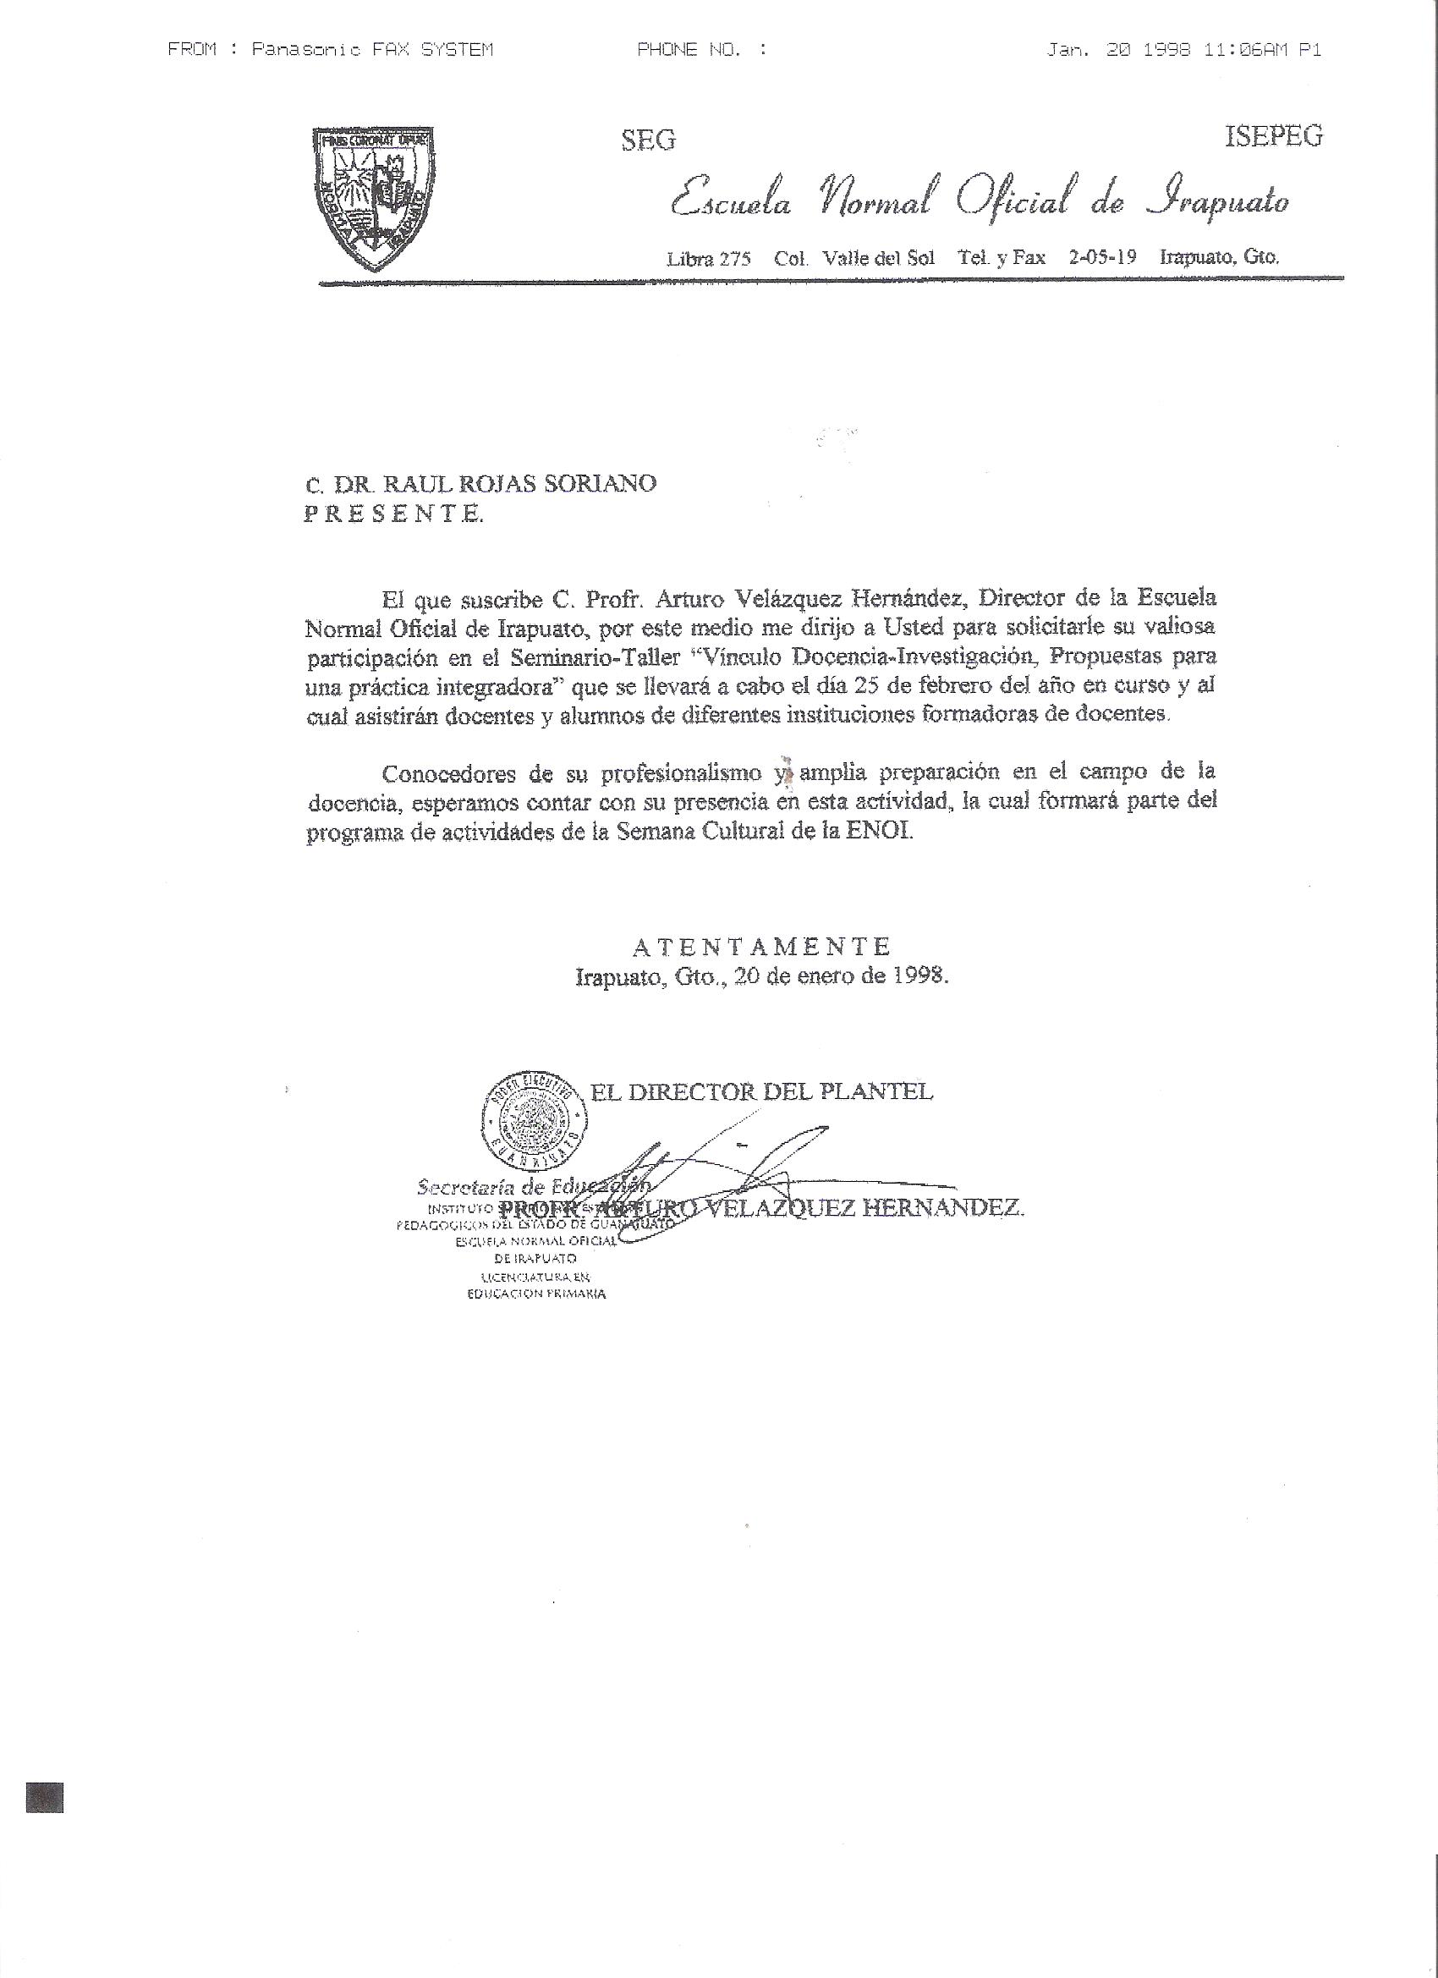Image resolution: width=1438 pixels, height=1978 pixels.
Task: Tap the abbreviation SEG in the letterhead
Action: point(648,140)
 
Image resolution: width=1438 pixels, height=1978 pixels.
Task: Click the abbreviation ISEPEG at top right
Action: point(1274,136)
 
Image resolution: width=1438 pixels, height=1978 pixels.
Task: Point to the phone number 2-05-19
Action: point(1102,257)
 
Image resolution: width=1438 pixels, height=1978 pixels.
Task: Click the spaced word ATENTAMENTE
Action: point(761,945)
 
